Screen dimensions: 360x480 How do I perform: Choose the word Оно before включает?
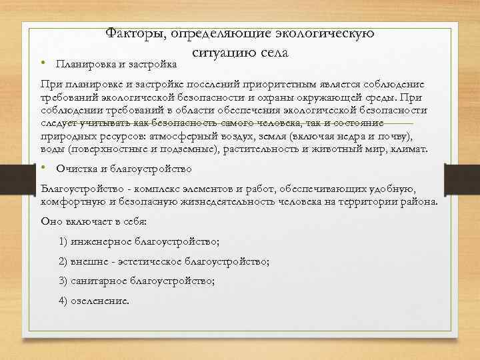51,221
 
